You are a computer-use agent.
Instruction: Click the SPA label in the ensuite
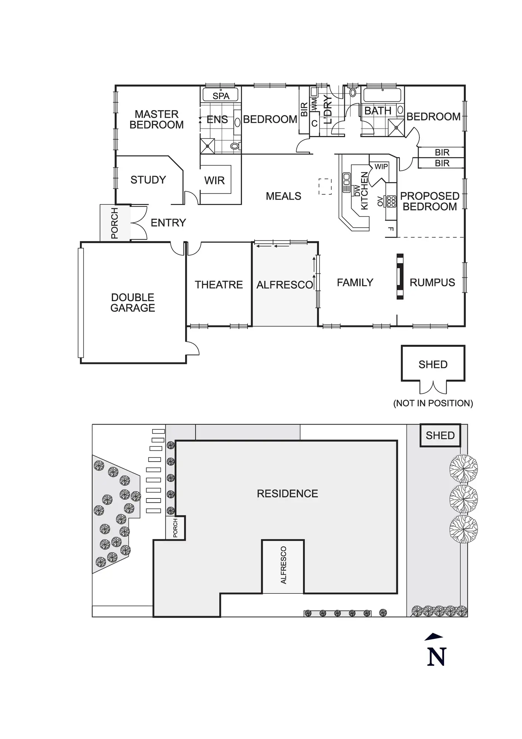pos(221,96)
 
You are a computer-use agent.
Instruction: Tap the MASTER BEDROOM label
pos(157,119)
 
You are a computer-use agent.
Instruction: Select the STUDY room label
pos(148,180)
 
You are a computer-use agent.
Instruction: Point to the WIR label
pos(214,180)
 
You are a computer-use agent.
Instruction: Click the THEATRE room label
pos(219,285)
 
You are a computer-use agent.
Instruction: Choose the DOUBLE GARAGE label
pos(133,303)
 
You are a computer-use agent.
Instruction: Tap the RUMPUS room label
pos(432,283)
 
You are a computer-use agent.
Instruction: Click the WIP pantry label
pos(381,167)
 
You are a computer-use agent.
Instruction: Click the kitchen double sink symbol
pos(347,183)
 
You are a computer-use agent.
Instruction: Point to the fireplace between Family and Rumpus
pos(400,276)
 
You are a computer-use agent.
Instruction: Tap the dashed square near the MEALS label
pos(325,187)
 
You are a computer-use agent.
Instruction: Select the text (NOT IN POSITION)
pos(433,403)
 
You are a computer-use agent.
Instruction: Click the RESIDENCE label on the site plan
pos(287,494)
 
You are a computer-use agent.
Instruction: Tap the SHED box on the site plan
pos(440,436)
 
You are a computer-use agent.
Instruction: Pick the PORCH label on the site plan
pos(175,528)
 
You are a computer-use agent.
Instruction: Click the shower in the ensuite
pos(208,146)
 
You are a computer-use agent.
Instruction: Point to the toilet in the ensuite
pos(235,146)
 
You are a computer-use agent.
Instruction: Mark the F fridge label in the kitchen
pos(391,229)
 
